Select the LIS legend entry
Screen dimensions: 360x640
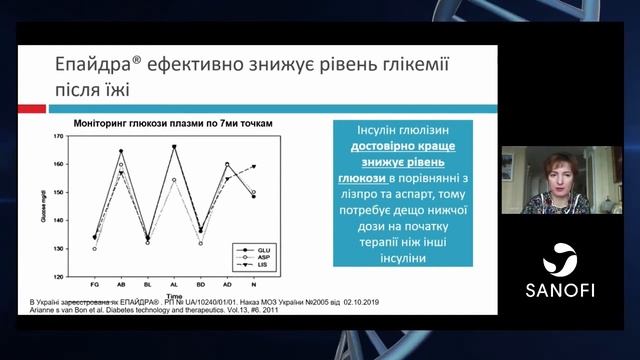(263, 265)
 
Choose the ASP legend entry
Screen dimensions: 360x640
(263, 257)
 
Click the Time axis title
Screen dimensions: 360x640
(174, 296)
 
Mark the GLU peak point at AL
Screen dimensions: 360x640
(174, 147)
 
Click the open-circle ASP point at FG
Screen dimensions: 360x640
(95, 249)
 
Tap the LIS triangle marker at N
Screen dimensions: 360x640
(254, 167)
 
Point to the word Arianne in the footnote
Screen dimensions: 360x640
(47, 310)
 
